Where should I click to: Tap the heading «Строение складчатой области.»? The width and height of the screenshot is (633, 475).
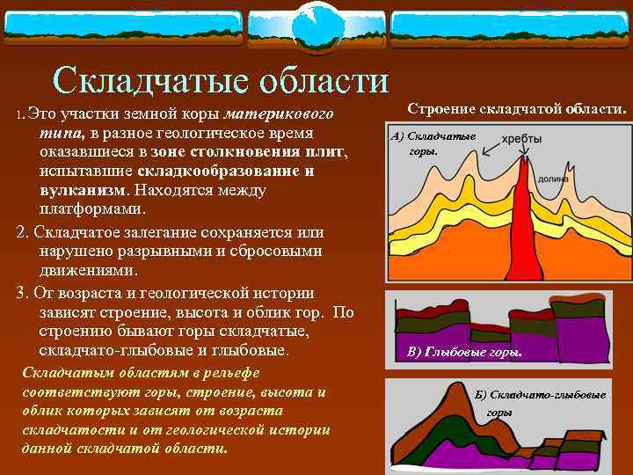click(517, 109)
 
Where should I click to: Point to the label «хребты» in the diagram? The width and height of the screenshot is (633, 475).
click(521, 139)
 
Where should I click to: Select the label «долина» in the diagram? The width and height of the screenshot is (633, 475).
click(552, 177)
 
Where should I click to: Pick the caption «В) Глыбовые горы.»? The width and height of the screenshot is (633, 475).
click(464, 353)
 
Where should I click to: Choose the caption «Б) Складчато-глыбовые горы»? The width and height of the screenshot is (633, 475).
click(539, 403)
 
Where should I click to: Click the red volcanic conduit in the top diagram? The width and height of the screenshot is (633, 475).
click(526, 229)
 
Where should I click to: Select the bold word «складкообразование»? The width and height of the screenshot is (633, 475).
click(211, 172)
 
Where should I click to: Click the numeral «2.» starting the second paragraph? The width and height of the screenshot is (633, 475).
click(22, 233)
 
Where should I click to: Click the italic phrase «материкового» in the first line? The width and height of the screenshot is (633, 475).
click(278, 114)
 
